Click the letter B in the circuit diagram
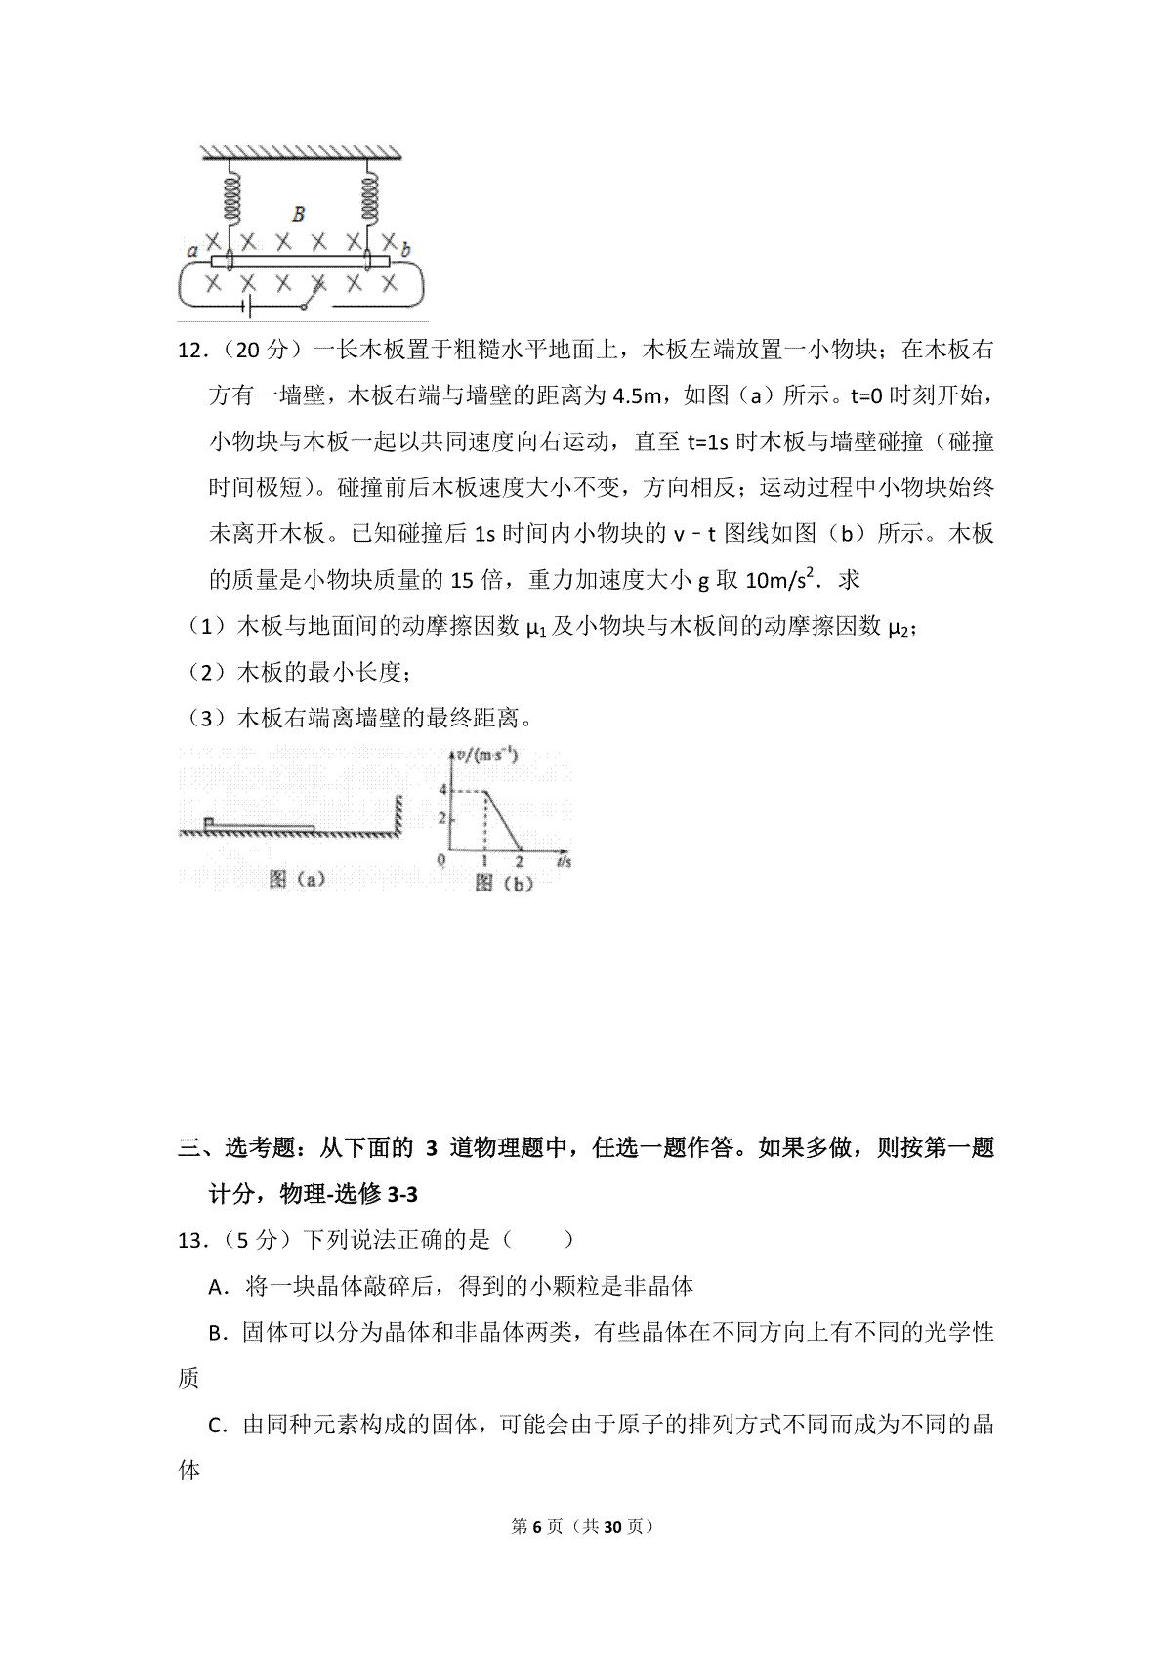[299, 214]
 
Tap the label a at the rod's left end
[192, 251]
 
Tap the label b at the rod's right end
[406, 251]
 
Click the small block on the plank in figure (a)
[208, 822]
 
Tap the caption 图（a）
[297, 880]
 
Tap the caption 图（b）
[504, 884]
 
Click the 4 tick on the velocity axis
[443, 789]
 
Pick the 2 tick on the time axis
[520, 862]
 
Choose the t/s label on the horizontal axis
[564, 862]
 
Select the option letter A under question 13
[218, 1287]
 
